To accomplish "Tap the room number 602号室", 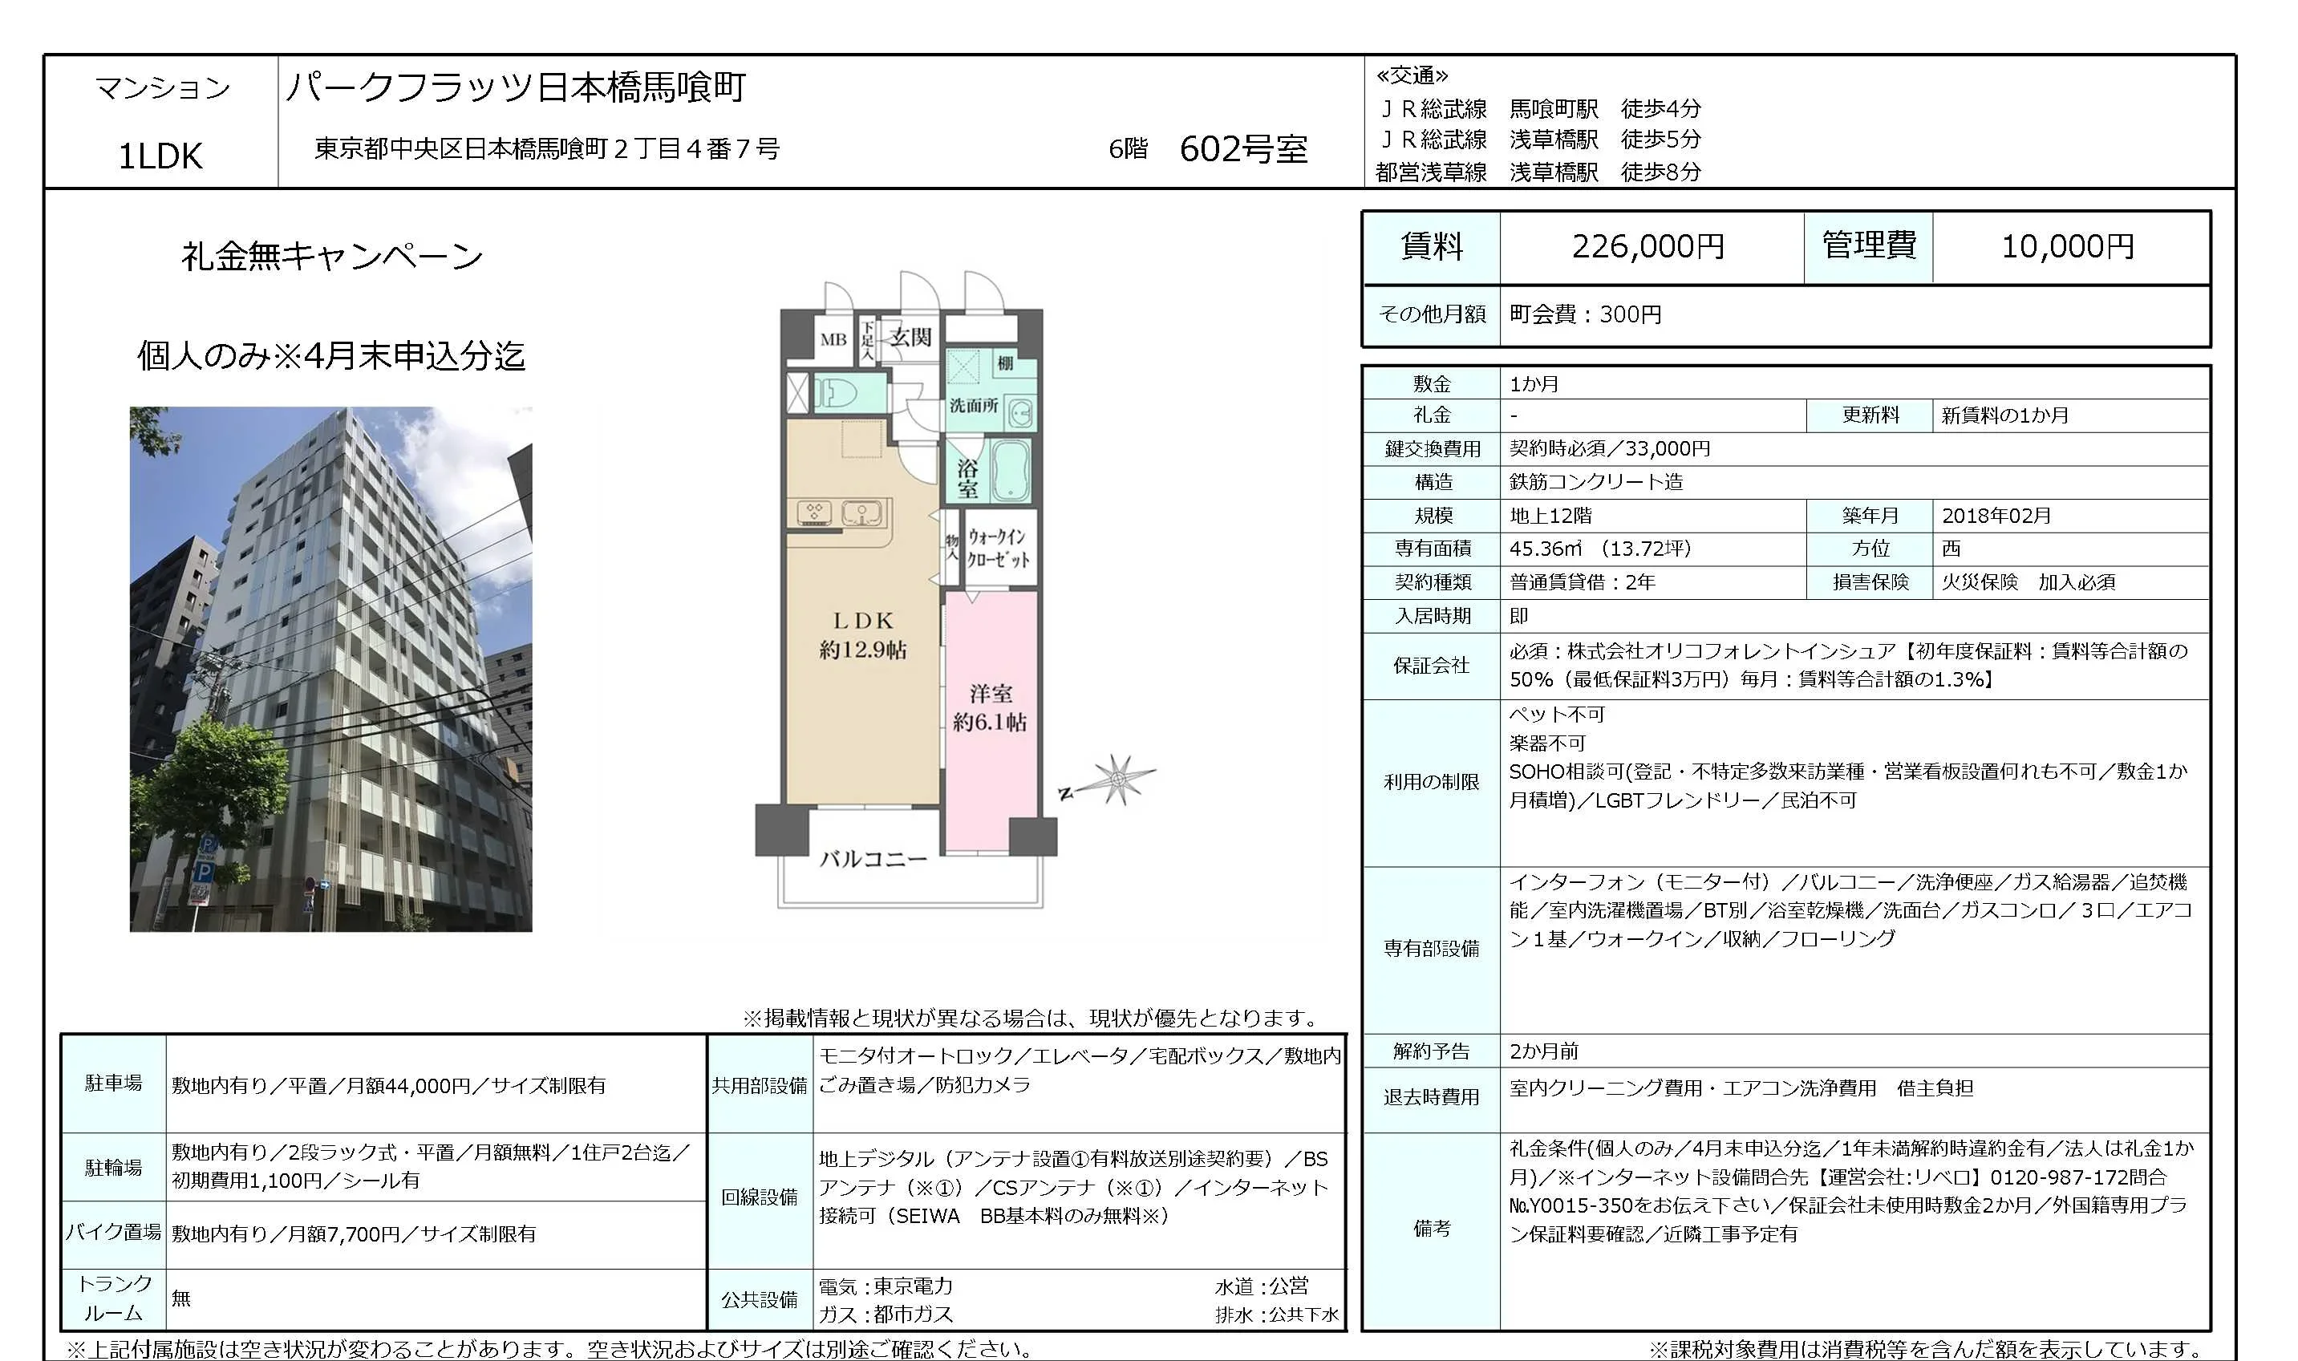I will click(x=1242, y=148).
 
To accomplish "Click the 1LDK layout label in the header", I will click(x=160, y=156).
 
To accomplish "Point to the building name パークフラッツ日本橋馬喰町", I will click(x=516, y=87).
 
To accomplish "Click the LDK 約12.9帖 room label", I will click(x=862, y=634).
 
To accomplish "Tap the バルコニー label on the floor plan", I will click(x=872, y=859).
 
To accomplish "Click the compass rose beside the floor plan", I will click(x=1117, y=780).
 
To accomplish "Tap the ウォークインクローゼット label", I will click(x=999, y=548).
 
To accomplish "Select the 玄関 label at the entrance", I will click(x=910, y=338).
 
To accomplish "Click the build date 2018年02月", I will click(x=1996, y=516).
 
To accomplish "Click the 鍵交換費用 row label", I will click(x=1433, y=448).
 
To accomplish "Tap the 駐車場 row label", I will click(x=114, y=1084).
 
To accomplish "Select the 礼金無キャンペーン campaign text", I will click(x=331, y=256).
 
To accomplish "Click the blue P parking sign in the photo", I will click(x=205, y=869).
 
